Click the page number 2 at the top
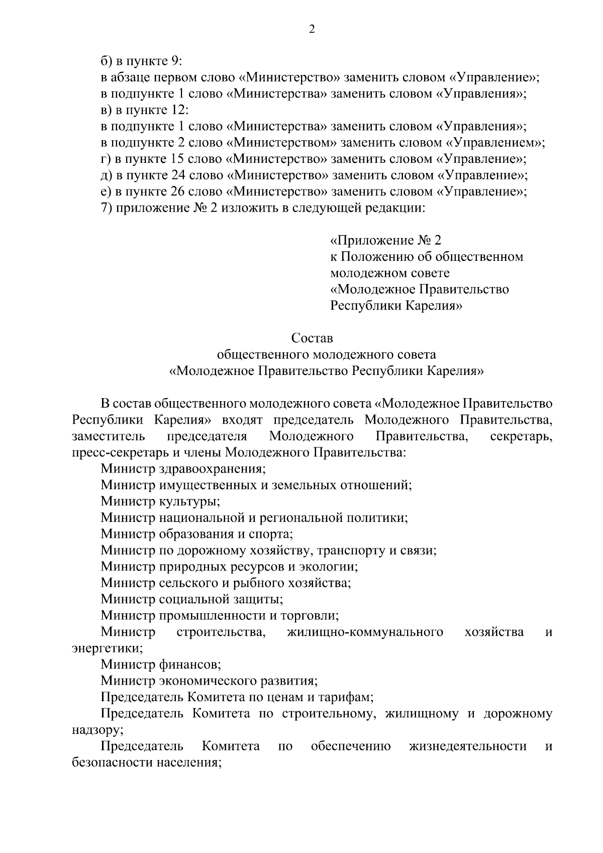click(x=312, y=30)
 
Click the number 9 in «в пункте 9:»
click(x=175, y=61)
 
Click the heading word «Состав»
click(x=312, y=338)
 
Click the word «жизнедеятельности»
click(x=468, y=746)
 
